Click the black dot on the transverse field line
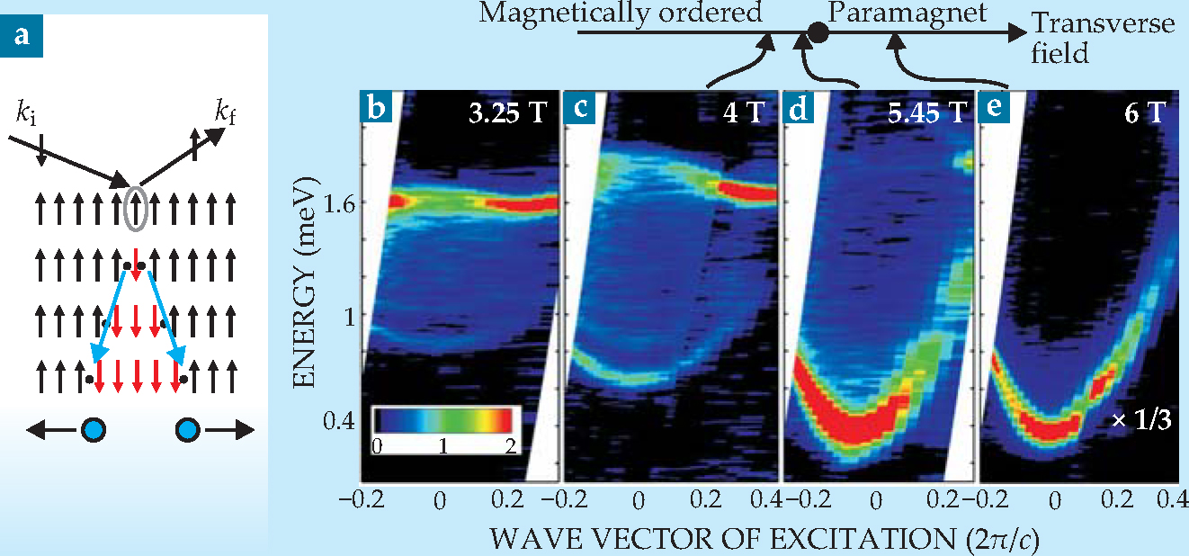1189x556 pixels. coord(818,33)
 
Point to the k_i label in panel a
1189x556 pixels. coord(27,115)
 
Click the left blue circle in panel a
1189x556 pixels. coord(92,430)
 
